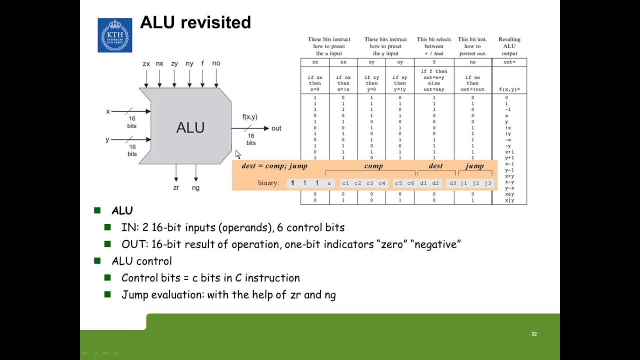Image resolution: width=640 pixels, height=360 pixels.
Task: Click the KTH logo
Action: pyautogui.click(x=115, y=35)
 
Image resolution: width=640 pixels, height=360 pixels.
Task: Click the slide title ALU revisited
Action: pyautogui.click(x=195, y=22)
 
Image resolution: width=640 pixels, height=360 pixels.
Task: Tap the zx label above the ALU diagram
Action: pyautogui.click(x=146, y=63)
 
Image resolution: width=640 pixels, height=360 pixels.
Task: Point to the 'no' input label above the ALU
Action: pyautogui.click(x=216, y=63)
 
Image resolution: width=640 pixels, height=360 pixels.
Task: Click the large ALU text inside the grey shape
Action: pyautogui.click(x=190, y=127)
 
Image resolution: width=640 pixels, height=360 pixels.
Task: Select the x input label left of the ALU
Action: pyautogui.click(x=108, y=111)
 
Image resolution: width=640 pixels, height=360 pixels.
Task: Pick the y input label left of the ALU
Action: pyautogui.click(x=107, y=139)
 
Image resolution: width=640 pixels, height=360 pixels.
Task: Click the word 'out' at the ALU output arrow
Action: pyautogui.click(x=276, y=128)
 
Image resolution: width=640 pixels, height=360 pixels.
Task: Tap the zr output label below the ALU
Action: pyautogui.click(x=176, y=188)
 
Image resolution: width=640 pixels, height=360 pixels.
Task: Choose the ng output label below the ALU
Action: pyautogui.click(x=195, y=188)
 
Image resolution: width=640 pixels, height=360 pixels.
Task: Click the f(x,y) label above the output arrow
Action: pyautogui.click(x=250, y=117)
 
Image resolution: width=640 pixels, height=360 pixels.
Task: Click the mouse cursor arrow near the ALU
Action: pyautogui.click(x=238, y=154)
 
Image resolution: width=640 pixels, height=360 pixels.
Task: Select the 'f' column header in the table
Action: pyautogui.click(x=434, y=62)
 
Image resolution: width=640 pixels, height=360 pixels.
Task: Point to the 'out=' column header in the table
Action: pyautogui.click(x=509, y=62)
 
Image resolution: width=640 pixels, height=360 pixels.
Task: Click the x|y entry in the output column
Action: pyautogui.click(x=509, y=200)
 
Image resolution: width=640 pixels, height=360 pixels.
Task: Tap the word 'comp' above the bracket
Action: pyautogui.click(x=373, y=166)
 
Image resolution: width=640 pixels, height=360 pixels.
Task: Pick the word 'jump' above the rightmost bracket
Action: pyautogui.click(x=474, y=166)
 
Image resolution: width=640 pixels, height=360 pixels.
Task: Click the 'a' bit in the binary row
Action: pyautogui.click(x=329, y=183)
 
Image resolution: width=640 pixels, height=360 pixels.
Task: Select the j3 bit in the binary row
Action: pyautogui.click(x=487, y=183)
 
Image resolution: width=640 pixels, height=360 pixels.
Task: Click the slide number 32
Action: pyautogui.click(x=534, y=334)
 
